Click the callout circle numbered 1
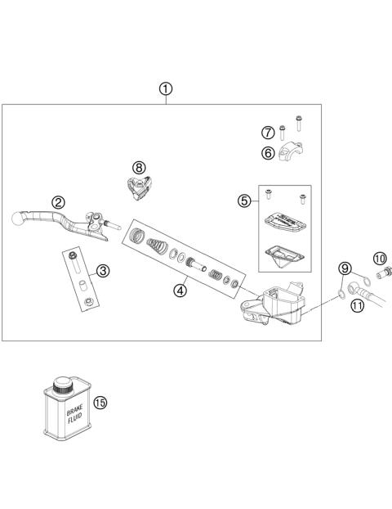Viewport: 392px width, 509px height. point(166,88)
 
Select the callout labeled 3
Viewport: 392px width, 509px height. point(102,271)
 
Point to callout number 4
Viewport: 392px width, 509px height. point(180,288)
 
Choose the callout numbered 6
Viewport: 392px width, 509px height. point(267,152)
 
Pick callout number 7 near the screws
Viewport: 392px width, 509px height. point(267,133)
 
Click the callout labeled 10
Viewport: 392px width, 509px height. point(380,258)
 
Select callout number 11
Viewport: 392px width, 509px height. point(357,305)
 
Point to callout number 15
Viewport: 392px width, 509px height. point(100,403)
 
